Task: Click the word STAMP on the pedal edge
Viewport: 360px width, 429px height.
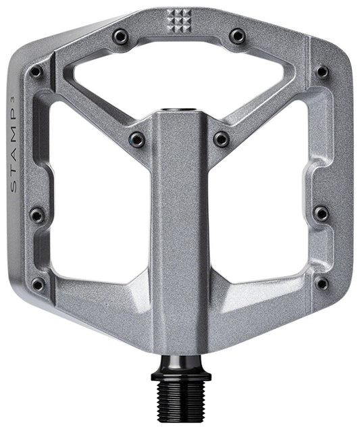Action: (x=16, y=151)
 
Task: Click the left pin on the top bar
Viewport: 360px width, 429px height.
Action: (x=121, y=35)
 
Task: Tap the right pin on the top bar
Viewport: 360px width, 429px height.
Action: (x=237, y=35)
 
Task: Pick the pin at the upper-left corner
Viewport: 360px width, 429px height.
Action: (x=36, y=72)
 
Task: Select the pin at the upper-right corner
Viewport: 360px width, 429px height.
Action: (x=323, y=72)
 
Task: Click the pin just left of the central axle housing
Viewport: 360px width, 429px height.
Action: (x=137, y=139)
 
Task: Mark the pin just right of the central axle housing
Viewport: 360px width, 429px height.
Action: (x=222, y=139)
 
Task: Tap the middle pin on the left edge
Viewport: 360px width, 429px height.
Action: (x=37, y=215)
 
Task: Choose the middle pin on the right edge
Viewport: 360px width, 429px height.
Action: (x=322, y=214)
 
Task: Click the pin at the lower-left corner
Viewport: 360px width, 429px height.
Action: (x=38, y=284)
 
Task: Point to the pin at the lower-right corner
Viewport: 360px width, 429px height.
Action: (x=322, y=283)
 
